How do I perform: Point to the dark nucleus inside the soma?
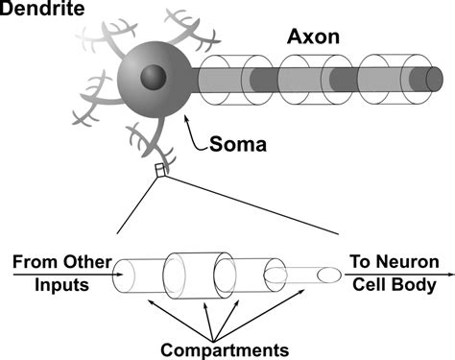pyautogui.click(x=154, y=79)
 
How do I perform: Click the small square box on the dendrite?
pyautogui.click(x=161, y=170)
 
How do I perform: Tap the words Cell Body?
pyautogui.click(x=395, y=286)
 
